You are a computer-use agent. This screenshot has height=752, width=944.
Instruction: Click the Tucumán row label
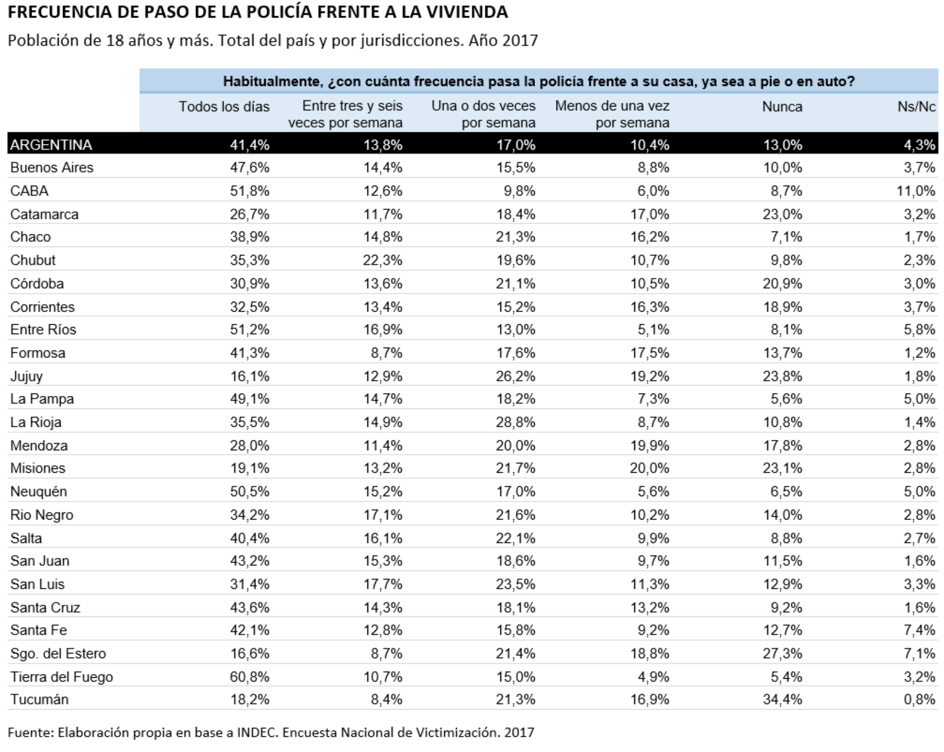pyautogui.click(x=39, y=699)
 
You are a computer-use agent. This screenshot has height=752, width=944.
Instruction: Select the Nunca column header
pyautogui.click(x=782, y=107)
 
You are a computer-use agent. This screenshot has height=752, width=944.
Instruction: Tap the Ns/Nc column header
pyautogui.click(x=917, y=107)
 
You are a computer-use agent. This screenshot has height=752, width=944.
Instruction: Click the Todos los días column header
pyautogui.click(x=224, y=107)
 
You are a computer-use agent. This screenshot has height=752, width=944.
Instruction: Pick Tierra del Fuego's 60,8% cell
pyautogui.click(x=249, y=676)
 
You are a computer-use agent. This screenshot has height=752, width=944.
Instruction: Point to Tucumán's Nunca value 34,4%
pyautogui.click(x=782, y=699)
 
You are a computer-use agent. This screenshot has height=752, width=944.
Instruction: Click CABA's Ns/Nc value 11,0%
pyautogui.click(x=916, y=191)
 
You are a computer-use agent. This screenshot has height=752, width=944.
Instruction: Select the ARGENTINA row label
pyautogui.click(x=51, y=145)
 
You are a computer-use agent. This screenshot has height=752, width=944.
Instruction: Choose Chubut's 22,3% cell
pyautogui.click(x=383, y=260)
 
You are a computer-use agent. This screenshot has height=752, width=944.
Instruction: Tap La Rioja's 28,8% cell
pyautogui.click(x=516, y=422)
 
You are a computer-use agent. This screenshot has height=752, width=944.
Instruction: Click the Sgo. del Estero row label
pyautogui.click(x=58, y=653)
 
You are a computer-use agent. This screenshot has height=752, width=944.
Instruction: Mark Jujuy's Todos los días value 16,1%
pyautogui.click(x=249, y=376)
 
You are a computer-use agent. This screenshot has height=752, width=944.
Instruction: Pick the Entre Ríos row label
pyautogui.click(x=43, y=329)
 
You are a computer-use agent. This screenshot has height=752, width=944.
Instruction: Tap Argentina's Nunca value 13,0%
pyautogui.click(x=782, y=145)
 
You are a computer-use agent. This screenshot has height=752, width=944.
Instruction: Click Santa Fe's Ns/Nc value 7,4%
pyautogui.click(x=920, y=630)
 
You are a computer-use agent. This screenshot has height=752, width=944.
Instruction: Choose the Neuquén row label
pyautogui.click(x=39, y=491)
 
